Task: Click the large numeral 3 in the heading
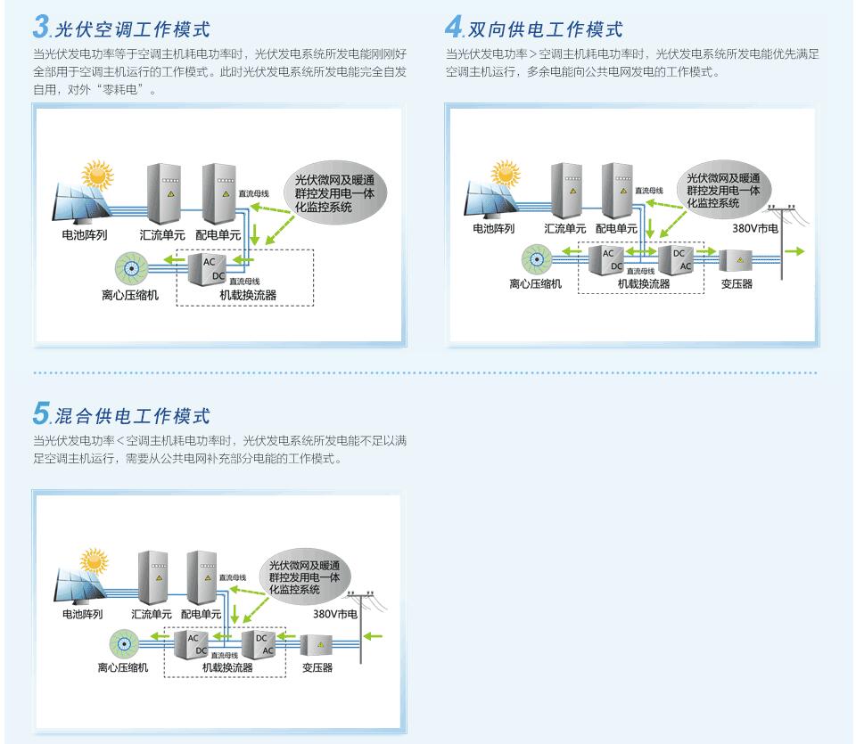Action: [x=41, y=27]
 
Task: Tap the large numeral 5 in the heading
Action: [x=41, y=413]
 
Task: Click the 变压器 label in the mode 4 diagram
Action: [x=737, y=284]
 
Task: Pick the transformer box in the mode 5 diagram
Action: [x=317, y=645]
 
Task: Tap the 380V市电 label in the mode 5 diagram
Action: [x=335, y=615]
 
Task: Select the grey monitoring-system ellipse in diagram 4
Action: [x=722, y=190]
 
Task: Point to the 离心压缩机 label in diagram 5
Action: [x=124, y=667]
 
